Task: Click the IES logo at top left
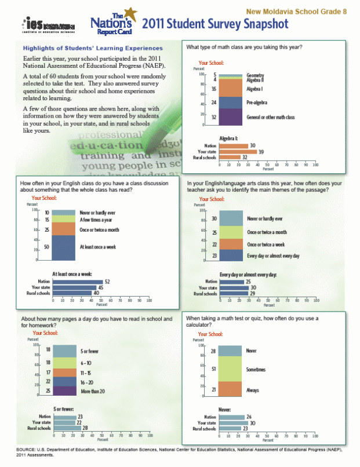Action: point(41,25)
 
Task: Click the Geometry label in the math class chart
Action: point(256,75)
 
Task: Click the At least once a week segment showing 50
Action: point(59,247)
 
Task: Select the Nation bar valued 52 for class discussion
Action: point(78,282)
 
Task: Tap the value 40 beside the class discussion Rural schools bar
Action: point(96,293)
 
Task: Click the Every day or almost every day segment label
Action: point(273,256)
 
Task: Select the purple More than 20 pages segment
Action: point(60,391)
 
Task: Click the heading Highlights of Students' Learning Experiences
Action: point(92,48)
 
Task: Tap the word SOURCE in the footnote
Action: point(27,450)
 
